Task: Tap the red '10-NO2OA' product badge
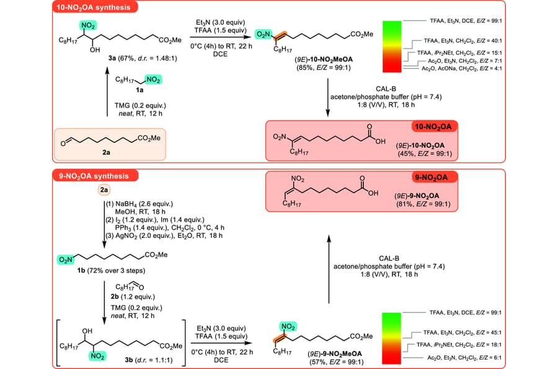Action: (x=432, y=126)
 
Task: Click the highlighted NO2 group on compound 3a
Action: (x=86, y=25)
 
